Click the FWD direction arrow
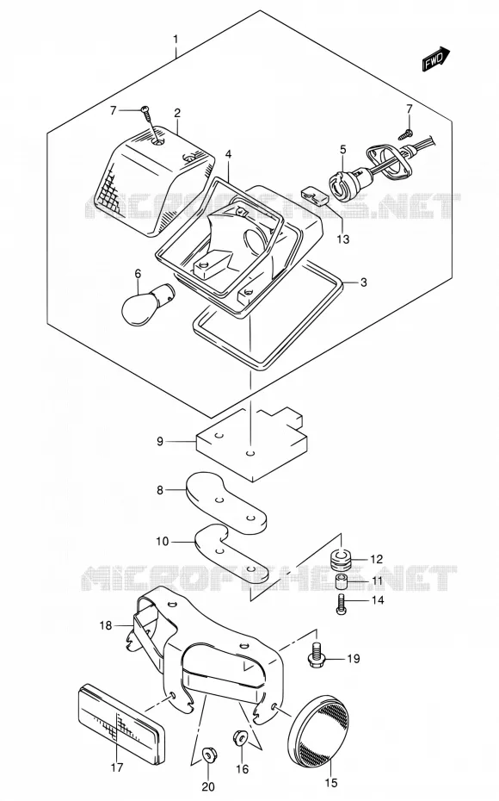point(435,59)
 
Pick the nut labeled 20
point(208,753)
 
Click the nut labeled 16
point(240,737)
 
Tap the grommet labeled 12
point(340,559)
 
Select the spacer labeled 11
point(342,581)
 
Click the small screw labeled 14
point(341,604)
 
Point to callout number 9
point(160,441)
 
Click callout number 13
point(343,239)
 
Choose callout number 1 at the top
point(176,40)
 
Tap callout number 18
point(105,625)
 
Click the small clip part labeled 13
point(314,194)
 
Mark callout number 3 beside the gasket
point(363,282)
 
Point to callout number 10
point(162,541)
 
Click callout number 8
point(160,490)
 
